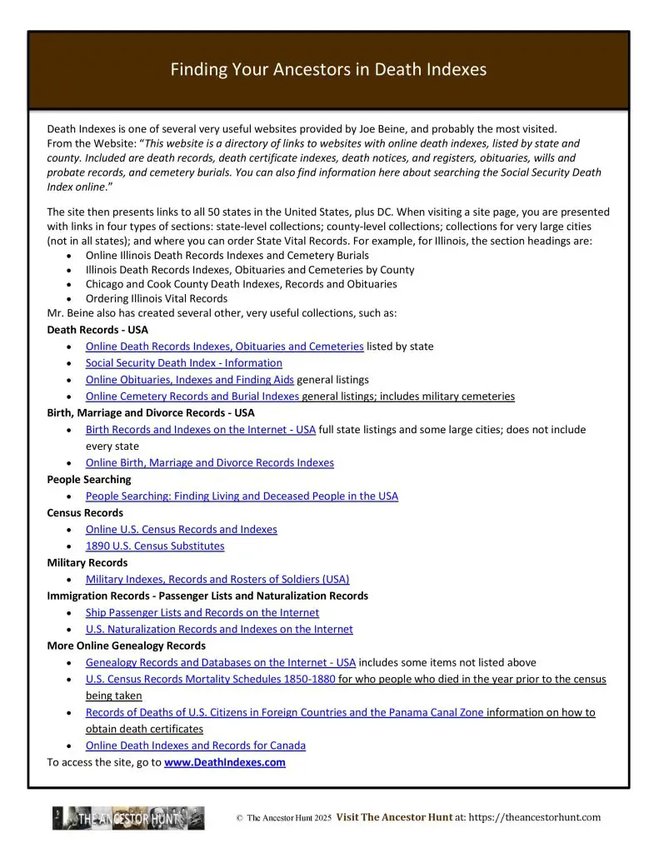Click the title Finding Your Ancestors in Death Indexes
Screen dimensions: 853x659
[x=328, y=69]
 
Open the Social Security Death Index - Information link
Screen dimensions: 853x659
[x=183, y=363]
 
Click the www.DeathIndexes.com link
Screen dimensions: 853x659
[x=225, y=762]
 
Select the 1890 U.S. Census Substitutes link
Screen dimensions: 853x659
[x=155, y=546]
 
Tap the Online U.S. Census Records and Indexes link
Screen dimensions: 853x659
[x=181, y=530]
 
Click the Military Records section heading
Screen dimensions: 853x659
[x=87, y=563]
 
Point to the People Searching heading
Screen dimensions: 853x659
[x=89, y=480]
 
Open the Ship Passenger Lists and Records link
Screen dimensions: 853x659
[x=202, y=613]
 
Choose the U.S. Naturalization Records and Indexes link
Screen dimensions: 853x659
[x=219, y=630]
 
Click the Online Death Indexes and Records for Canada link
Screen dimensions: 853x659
[x=195, y=746]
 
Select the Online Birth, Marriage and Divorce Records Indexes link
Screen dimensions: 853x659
[x=209, y=463]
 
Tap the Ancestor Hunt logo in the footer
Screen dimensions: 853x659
[x=129, y=818]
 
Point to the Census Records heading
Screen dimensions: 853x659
[x=85, y=513]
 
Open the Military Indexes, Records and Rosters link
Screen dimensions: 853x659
[x=217, y=580]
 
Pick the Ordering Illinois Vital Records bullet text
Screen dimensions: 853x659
[x=157, y=298]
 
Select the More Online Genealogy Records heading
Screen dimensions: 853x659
[x=126, y=646]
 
